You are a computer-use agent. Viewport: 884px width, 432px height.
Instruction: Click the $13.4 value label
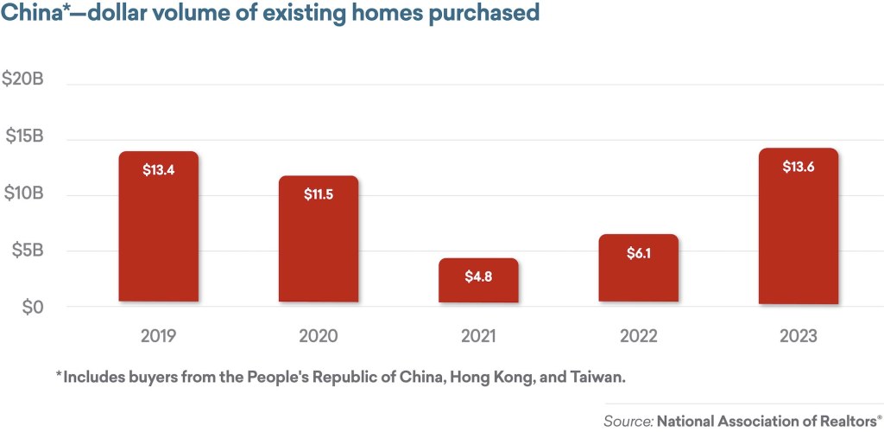159,170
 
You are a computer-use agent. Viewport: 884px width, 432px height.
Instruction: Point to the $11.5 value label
319,194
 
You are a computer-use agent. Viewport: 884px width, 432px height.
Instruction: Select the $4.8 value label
478,279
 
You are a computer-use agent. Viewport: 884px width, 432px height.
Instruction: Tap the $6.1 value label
638,255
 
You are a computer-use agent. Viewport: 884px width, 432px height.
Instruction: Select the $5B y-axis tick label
28,251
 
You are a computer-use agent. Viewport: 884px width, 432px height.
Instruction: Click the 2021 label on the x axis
478,336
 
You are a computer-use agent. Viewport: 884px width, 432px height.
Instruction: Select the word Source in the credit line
628,422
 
